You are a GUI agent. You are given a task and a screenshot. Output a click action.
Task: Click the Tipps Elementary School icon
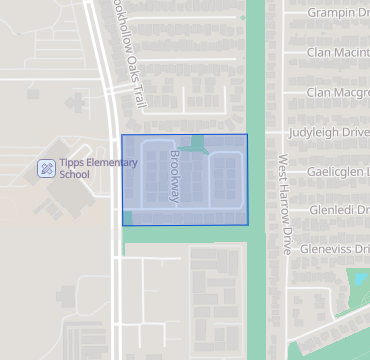pyautogui.click(x=46, y=168)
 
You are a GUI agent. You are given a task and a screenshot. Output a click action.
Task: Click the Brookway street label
pyautogui.click(x=175, y=177)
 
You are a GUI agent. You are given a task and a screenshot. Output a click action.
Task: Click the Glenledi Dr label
pyautogui.click(x=339, y=210)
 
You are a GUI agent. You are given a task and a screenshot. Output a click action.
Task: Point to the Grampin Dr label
pyautogui.click(x=337, y=12)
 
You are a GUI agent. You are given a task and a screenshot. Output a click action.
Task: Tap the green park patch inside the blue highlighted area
pyautogui.click(x=197, y=145)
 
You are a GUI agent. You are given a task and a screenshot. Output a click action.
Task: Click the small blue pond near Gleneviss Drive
pyautogui.click(x=357, y=279)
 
